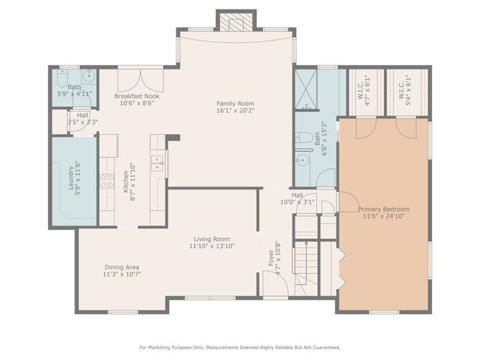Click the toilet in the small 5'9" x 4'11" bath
click(x=62, y=78)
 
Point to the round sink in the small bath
click(x=89, y=75)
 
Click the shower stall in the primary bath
click(x=306, y=89)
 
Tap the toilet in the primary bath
click(x=303, y=137)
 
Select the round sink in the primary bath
click(x=303, y=159)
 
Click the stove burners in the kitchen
click(x=107, y=181)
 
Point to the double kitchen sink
click(x=158, y=163)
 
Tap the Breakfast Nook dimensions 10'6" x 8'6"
click(x=137, y=103)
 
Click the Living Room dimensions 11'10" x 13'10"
click(x=212, y=246)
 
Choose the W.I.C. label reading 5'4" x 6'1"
click(x=405, y=91)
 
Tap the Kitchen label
click(x=126, y=181)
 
